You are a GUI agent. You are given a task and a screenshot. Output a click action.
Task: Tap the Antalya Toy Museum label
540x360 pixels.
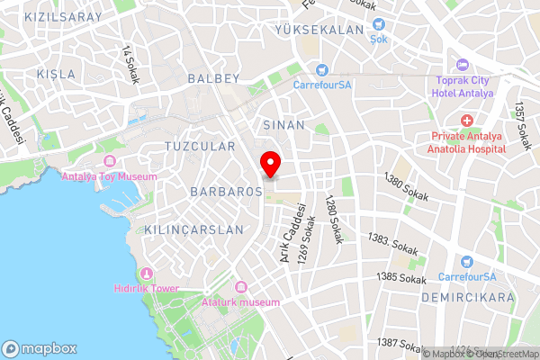109,175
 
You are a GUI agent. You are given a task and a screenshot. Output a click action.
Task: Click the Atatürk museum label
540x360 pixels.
240,302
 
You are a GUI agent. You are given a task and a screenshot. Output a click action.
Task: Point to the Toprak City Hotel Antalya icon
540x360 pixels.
463,65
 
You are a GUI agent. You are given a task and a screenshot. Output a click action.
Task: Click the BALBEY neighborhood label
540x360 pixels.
214,79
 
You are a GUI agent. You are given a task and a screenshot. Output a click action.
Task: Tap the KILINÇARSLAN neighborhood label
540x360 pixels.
193,229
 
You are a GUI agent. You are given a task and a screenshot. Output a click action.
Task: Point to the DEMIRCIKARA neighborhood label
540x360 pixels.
472,296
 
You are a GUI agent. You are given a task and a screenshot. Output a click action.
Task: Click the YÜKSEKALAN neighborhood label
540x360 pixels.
319,30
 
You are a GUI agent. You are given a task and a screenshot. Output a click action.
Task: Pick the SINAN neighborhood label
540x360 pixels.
284,125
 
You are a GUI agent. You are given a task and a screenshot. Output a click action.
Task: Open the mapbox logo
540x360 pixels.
40,348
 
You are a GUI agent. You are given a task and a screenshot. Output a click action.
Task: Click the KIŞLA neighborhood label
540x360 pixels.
57,73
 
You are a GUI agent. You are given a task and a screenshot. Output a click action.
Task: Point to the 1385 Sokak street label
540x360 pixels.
401,279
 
